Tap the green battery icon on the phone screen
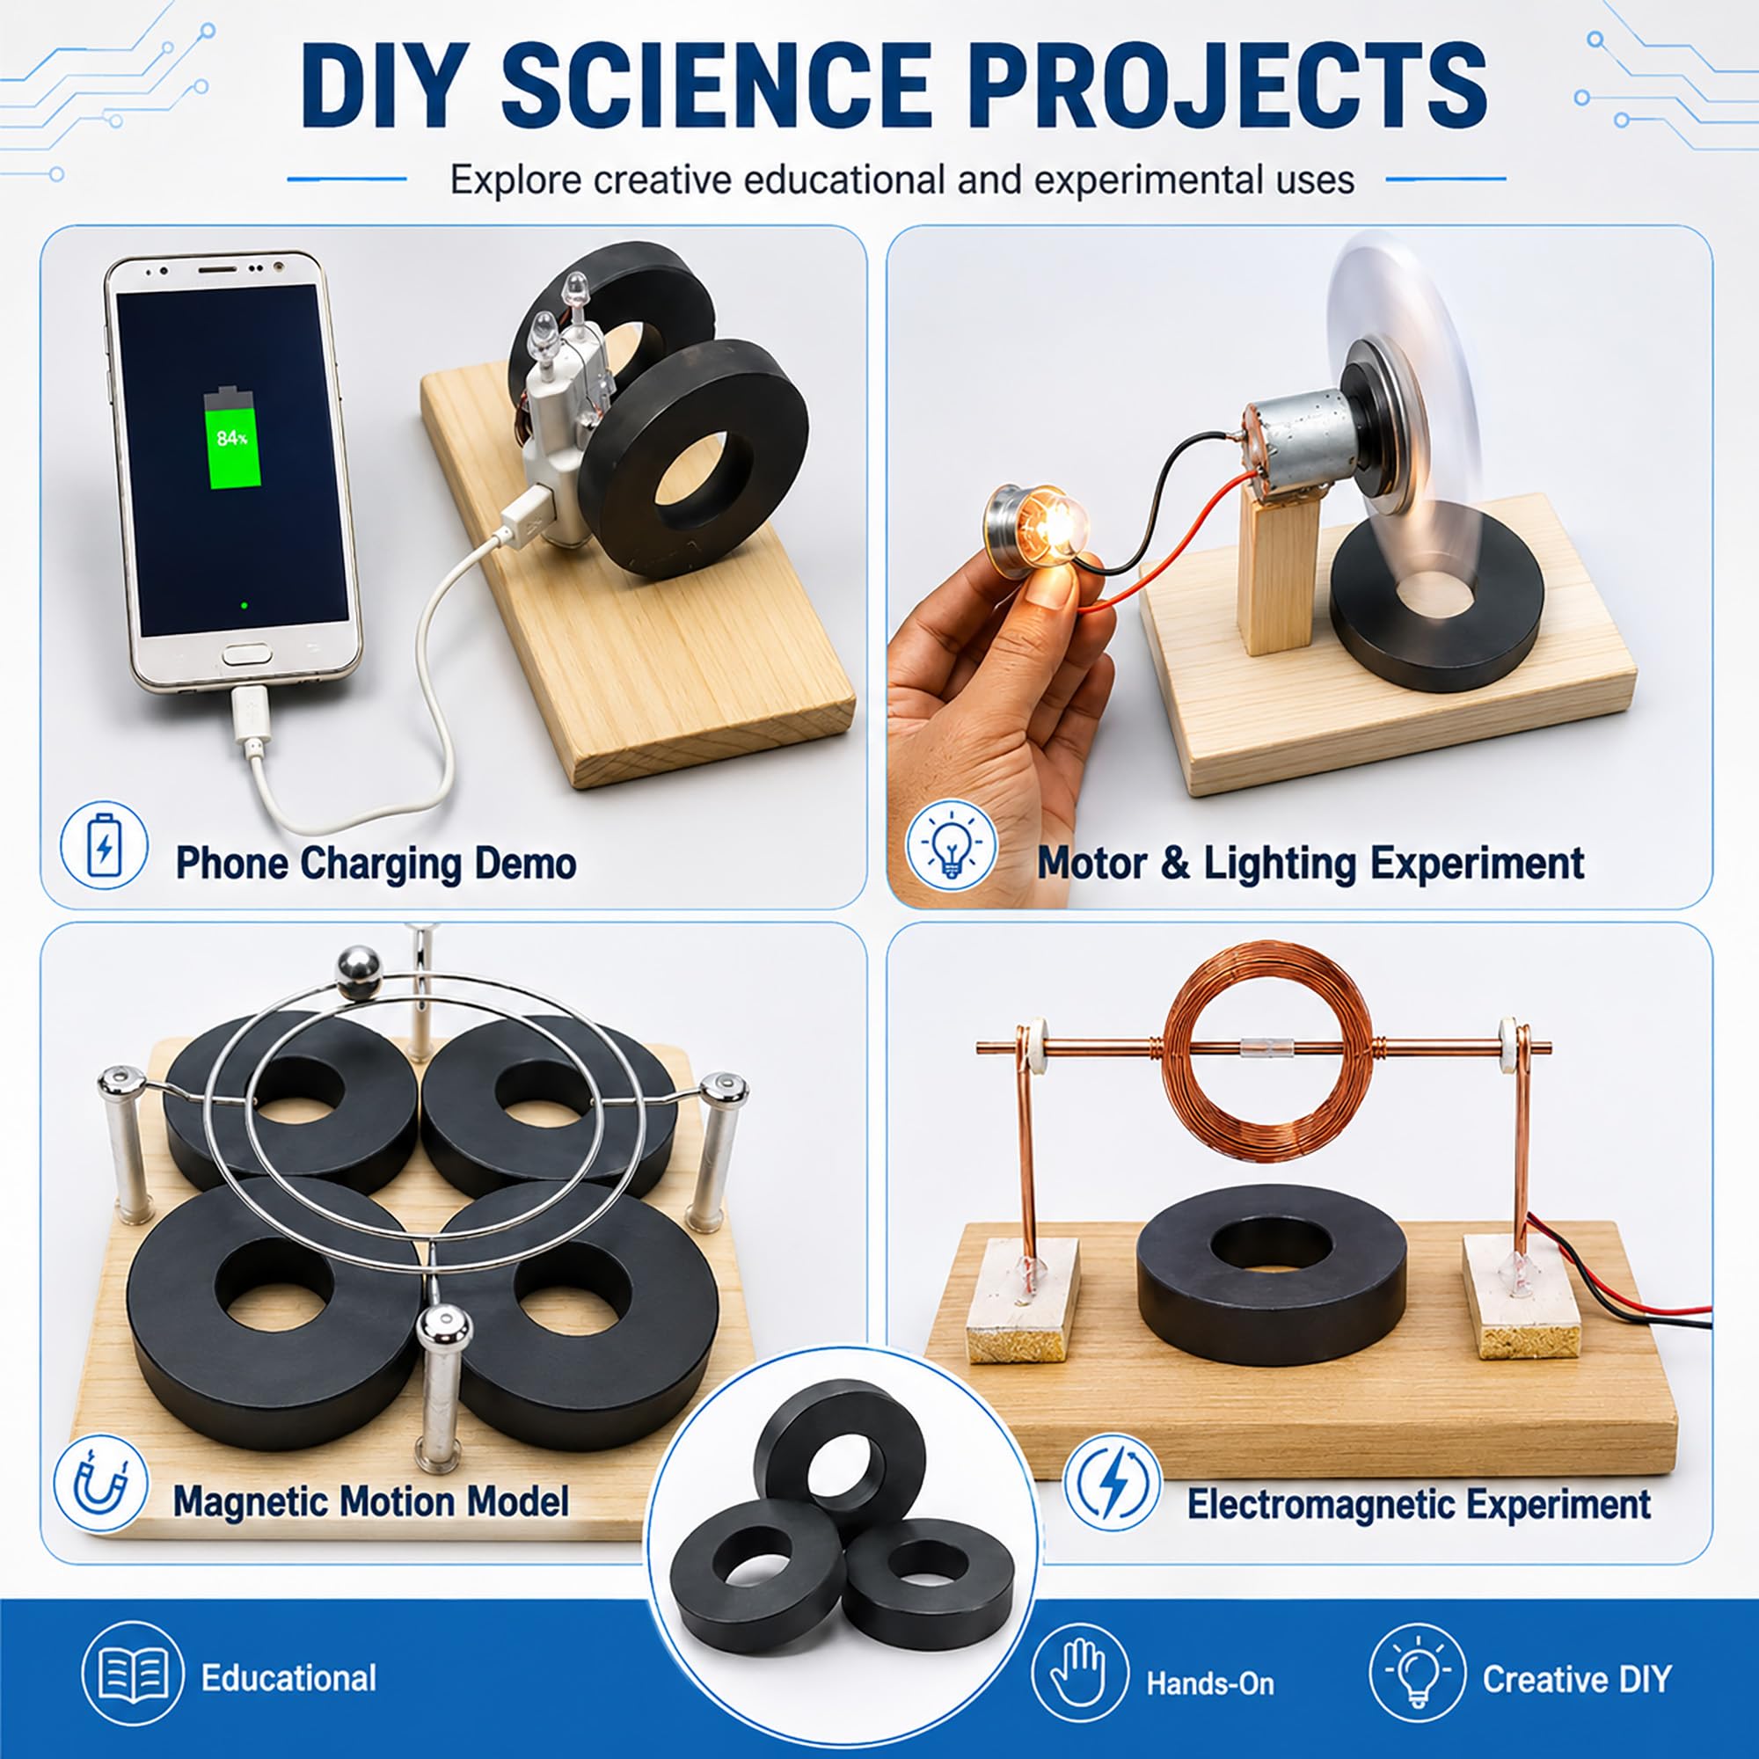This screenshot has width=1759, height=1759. tap(232, 438)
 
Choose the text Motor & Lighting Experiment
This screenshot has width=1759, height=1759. tap(1310, 863)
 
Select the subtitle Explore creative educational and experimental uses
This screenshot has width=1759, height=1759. tap(902, 180)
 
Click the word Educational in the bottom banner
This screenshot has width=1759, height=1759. tap(288, 1677)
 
